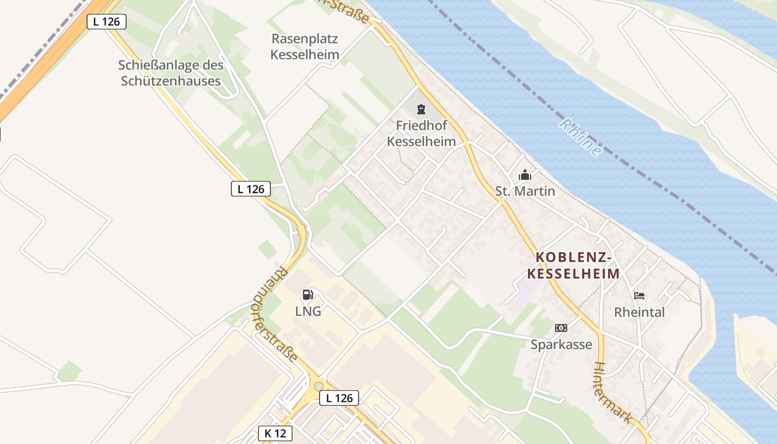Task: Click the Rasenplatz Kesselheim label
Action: [x=305, y=47]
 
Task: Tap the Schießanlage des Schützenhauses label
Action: [x=171, y=73]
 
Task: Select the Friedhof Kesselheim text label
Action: [x=421, y=133]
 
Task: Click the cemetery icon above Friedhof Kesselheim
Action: [x=421, y=108]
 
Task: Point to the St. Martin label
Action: [x=525, y=191]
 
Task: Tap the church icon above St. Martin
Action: [x=525, y=175]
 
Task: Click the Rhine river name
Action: [x=581, y=137]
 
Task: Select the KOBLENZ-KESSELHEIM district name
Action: [x=573, y=266]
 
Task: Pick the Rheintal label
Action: [x=639, y=312]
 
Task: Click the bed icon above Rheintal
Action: [x=639, y=296]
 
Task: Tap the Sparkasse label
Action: [x=561, y=345]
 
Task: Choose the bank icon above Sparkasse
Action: [x=561, y=328]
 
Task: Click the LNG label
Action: [x=308, y=311]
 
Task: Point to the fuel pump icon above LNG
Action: [x=308, y=294]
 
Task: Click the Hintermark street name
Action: [x=614, y=393]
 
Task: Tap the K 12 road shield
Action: [x=275, y=433]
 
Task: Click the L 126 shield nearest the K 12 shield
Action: [x=339, y=398]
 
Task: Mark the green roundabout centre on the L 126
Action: [x=319, y=386]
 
